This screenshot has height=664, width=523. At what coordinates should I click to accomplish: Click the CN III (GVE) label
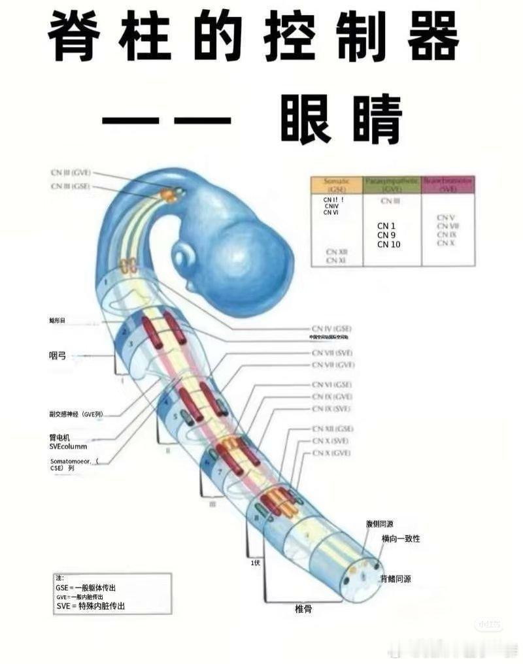point(71,173)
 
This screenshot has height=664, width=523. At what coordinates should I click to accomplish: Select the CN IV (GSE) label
point(332,328)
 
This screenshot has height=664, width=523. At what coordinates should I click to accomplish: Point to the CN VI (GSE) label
point(332,385)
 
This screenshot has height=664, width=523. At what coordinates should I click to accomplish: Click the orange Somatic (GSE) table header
point(337,184)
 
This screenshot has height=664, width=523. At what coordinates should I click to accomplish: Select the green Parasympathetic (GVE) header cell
point(392,184)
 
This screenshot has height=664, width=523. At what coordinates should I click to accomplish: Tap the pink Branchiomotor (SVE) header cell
point(448,184)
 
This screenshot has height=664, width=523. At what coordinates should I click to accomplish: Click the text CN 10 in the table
point(388,244)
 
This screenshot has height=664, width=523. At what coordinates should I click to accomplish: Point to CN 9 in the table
point(386,235)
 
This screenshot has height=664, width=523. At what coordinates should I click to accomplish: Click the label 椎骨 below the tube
point(303,609)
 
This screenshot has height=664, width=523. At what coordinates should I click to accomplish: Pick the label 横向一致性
point(401,539)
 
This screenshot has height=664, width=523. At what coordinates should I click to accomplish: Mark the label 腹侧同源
point(379,523)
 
